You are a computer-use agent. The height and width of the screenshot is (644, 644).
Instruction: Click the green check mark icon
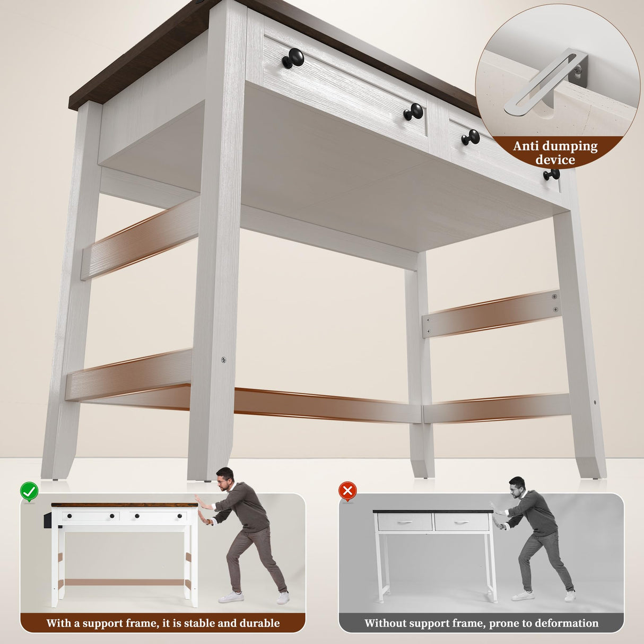coord(29,492)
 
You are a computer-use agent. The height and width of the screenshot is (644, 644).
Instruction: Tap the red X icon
coord(347,491)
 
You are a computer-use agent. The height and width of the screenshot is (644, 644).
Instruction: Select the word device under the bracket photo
coord(555,160)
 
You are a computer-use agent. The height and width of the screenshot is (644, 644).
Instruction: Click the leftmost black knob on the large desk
coord(293,58)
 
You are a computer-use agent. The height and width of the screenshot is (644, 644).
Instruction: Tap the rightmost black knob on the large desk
coord(552,174)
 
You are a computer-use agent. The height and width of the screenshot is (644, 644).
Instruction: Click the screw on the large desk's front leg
coord(223,360)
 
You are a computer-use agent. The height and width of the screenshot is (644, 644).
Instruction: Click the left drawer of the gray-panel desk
coord(404,523)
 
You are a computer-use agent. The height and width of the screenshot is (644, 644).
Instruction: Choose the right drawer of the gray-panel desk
coord(462,523)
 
